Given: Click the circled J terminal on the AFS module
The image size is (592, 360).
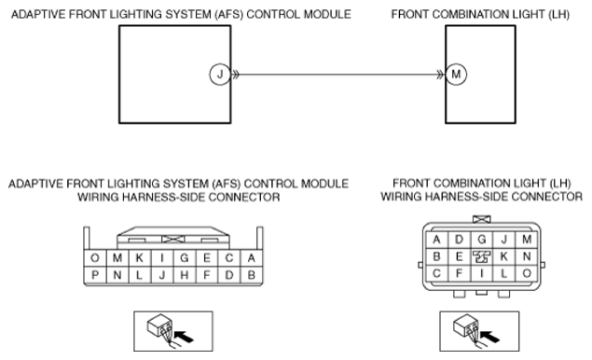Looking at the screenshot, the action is click(x=220, y=75).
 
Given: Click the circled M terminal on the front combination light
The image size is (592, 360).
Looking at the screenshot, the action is click(x=456, y=75).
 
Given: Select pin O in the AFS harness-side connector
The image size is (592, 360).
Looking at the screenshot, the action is click(x=95, y=258).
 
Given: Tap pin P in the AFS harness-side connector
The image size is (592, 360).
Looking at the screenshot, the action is click(x=95, y=275).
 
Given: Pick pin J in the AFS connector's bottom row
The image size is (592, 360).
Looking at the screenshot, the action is click(x=162, y=275).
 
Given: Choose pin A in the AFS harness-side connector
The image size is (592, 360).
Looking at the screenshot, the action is click(x=252, y=258).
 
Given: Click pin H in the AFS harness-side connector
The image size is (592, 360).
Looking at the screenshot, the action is click(x=185, y=275).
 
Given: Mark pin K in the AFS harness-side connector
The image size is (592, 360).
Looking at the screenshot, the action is click(x=140, y=258).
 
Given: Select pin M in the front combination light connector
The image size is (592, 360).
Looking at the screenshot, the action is click(x=527, y=240).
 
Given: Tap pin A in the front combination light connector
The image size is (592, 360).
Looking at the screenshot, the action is click(x=437, y=240).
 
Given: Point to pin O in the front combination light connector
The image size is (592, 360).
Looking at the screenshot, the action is click(x=527, y=273).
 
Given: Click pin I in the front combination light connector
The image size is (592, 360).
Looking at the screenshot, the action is click(x=482, y=273).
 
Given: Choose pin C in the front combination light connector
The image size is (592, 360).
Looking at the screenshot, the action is click(x=437, y=273).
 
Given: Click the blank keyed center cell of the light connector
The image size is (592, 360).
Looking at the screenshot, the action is click(x=482, y=256).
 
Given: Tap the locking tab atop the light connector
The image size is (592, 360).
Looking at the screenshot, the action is click(x=482, y=219).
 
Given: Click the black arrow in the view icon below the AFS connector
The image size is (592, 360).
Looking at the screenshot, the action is click(x=185, y=336).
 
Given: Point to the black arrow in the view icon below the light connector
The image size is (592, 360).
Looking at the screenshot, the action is click(x=490, y=336).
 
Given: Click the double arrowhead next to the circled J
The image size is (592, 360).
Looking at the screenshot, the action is click(x=235, y=75).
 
